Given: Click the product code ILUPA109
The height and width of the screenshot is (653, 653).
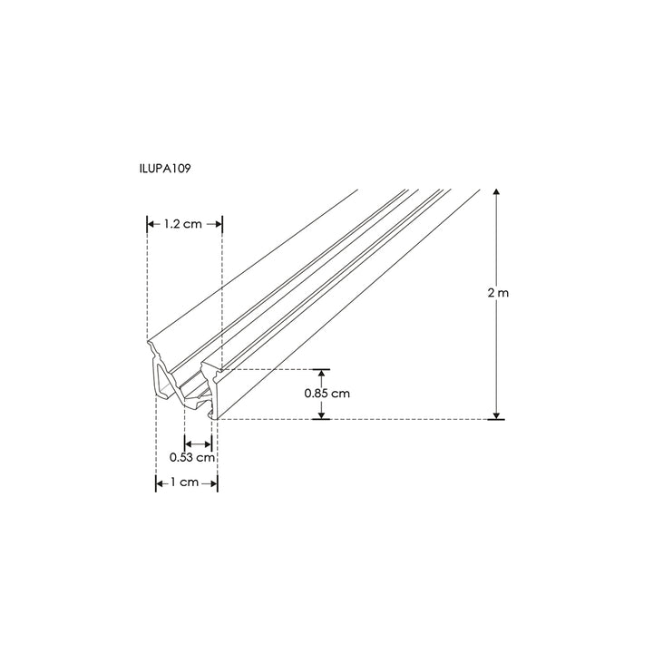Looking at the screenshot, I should pos(164,168).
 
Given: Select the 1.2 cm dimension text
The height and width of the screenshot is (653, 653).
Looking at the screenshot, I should pos(184,224).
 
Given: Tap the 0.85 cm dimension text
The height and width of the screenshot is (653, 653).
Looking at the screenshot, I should pos(327,394).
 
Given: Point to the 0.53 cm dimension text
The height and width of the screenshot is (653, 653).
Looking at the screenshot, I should pos(193,457).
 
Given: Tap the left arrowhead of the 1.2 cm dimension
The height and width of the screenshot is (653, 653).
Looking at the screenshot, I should pos(151,224).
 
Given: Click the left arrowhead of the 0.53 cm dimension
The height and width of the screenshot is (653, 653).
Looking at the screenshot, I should pos(188,443).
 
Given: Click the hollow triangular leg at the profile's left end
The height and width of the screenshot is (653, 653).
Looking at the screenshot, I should pos(162,381).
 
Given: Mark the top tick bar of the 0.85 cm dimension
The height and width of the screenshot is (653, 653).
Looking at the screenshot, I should pos(321,370).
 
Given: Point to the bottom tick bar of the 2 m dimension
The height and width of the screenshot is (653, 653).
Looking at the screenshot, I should pos(496,419).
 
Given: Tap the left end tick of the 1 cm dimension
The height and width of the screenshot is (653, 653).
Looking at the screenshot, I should pos(155,482).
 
